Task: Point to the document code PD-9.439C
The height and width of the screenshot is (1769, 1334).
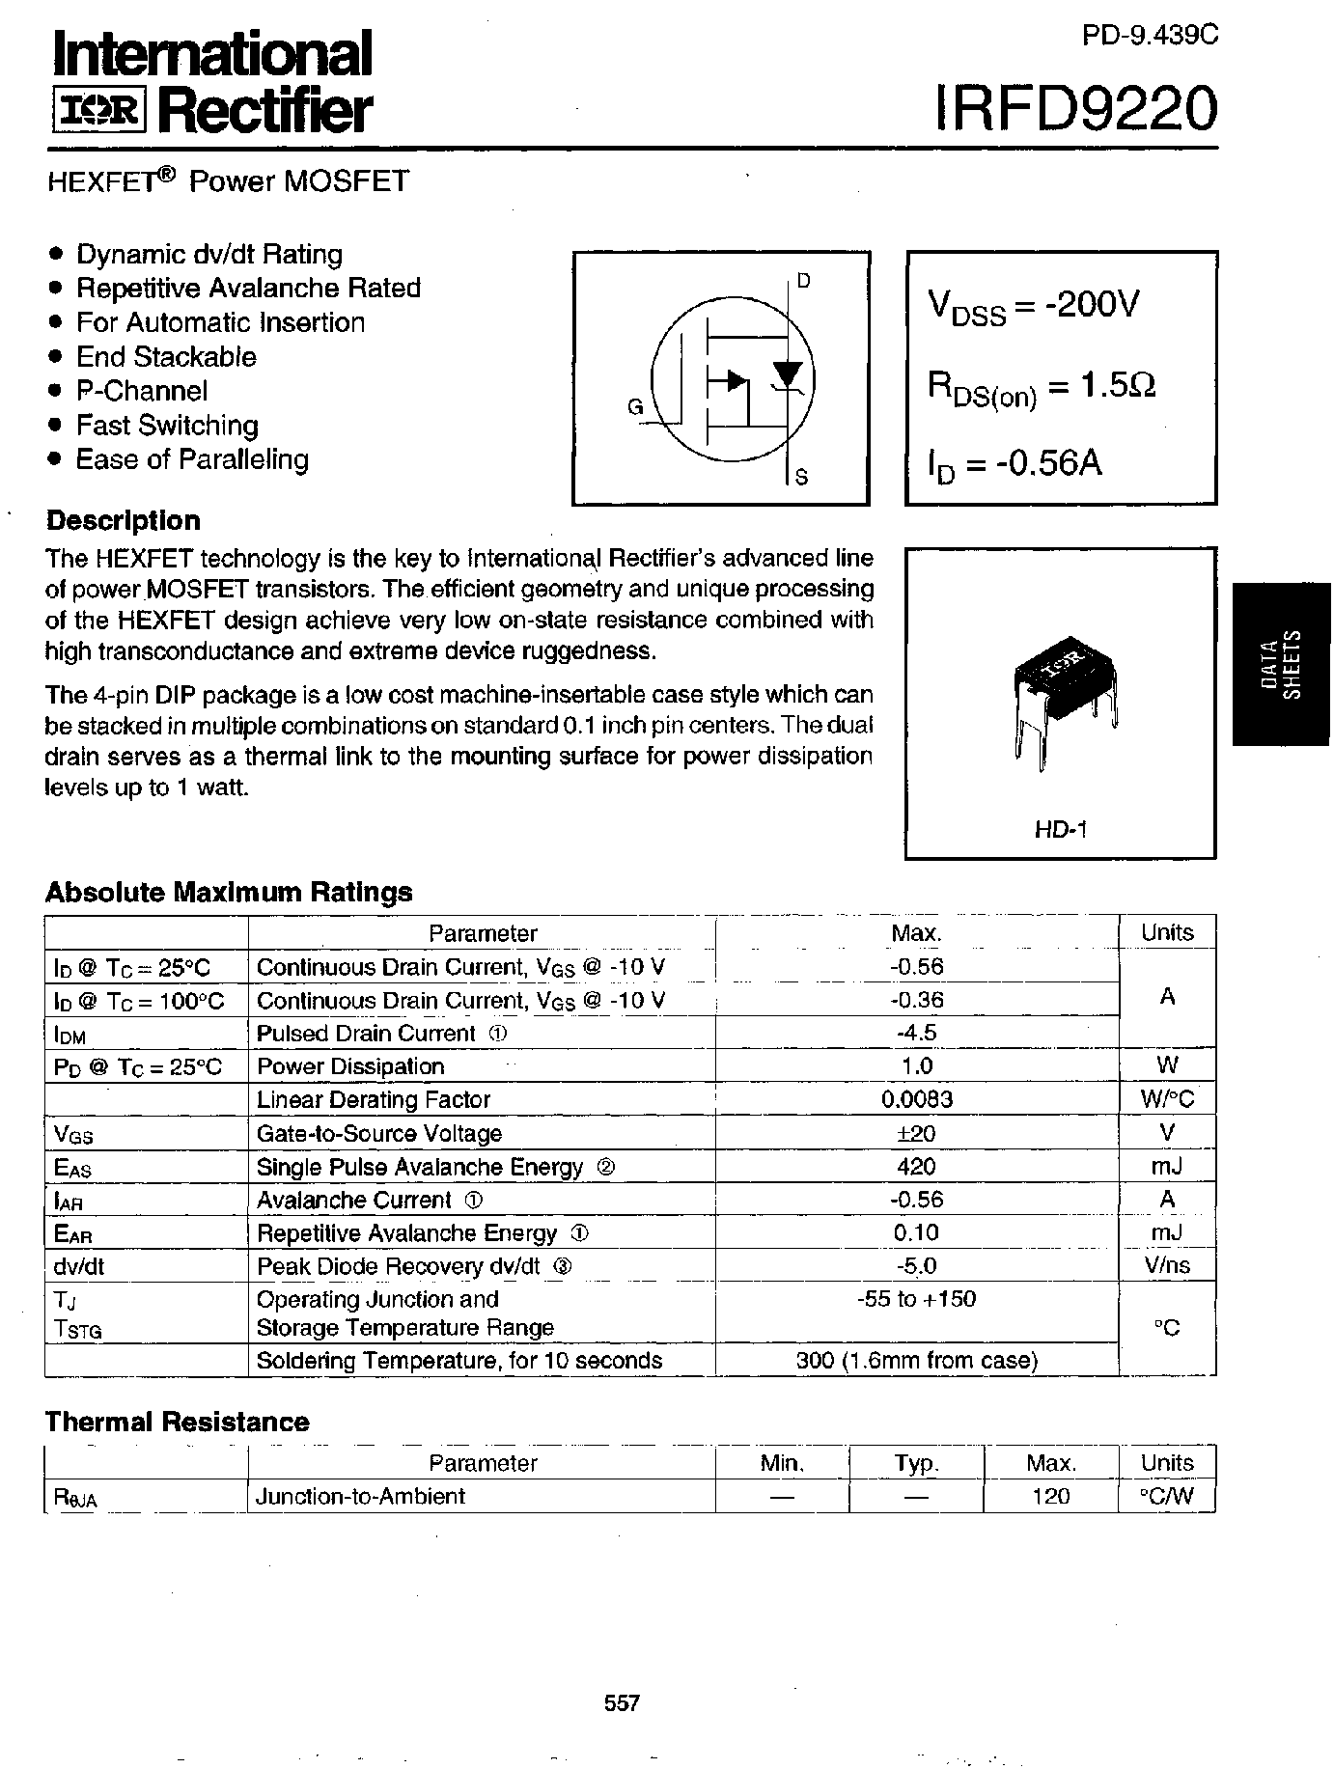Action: [x=1150, y=36]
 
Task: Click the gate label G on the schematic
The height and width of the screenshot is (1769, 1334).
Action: [x=635, y=407]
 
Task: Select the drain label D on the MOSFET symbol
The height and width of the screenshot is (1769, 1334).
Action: [x=803, y=281]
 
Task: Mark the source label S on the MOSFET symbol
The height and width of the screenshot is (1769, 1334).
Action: [x=801, y=477]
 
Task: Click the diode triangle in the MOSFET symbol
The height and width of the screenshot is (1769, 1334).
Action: [x=790, y=373]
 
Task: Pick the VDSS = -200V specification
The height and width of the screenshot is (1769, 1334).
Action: [x=1033, y=306]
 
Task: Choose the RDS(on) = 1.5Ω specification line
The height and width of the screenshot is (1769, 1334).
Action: [x=1042, y=387]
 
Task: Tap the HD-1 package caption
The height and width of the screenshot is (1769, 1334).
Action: [x=1061, y=829]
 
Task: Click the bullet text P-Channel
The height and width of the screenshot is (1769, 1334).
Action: [x=142, y=391]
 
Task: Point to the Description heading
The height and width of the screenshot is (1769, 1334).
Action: [x=124, y=520]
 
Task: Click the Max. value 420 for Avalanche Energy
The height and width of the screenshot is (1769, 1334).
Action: [x=916, y=1167]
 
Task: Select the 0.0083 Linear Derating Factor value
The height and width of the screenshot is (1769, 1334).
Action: [x=916, y=1099]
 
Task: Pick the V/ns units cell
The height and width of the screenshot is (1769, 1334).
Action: [x=1167, y=1265]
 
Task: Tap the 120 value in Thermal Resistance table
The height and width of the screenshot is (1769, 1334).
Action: [x=1050, y=1496]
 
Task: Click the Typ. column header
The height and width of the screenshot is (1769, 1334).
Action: [x=916, y=1463]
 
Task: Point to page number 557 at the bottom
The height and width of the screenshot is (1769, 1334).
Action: [x=622, y=1702]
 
